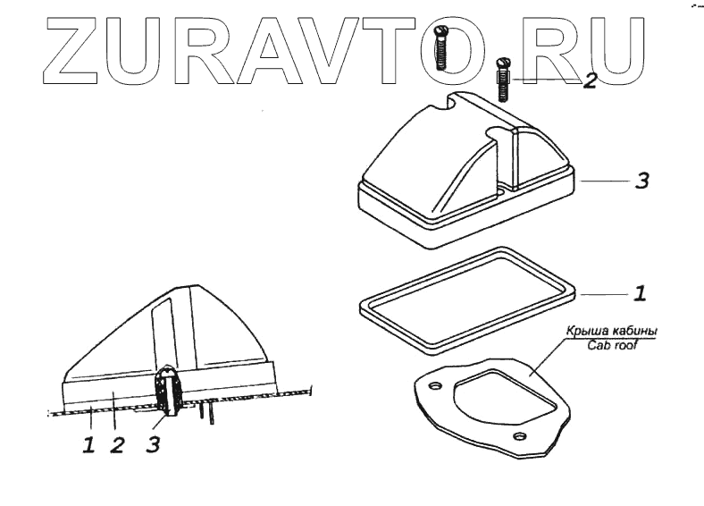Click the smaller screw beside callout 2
(x=503, y=79)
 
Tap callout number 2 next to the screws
(x=589, y=81)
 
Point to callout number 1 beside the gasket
(x=640, y=292)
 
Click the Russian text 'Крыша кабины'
(x=612, y=332)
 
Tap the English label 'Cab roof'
(x=611, y=345)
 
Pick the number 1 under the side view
(x=88, y=445)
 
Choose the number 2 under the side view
(x=117, y=445)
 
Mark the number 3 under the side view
(x=154, y=445)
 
